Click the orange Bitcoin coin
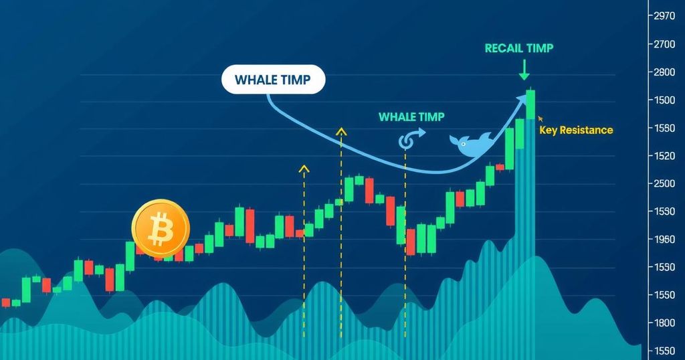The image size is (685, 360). point(161,229)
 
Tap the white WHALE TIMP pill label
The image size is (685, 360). point(274,80)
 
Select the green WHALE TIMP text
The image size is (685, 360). point(411,117)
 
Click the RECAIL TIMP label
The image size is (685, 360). point(519,48)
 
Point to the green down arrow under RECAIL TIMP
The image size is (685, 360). point(524,70)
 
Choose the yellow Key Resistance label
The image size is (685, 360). point(576,130)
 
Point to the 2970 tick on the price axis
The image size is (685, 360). point(664,16)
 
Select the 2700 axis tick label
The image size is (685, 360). point(664,44)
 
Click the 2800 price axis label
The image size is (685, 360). point(664,72)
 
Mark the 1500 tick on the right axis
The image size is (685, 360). point(664,100)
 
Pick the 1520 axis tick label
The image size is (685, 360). point(664,156)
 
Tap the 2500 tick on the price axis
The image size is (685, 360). point(664,183)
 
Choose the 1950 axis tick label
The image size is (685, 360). point(664,240)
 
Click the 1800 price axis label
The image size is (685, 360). point(664,323)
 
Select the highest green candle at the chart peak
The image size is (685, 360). point(530,104)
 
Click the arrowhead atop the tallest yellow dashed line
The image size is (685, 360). point(341,131)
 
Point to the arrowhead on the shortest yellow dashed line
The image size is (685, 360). point(304,169)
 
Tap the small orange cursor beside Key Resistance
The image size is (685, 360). point(541,118)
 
